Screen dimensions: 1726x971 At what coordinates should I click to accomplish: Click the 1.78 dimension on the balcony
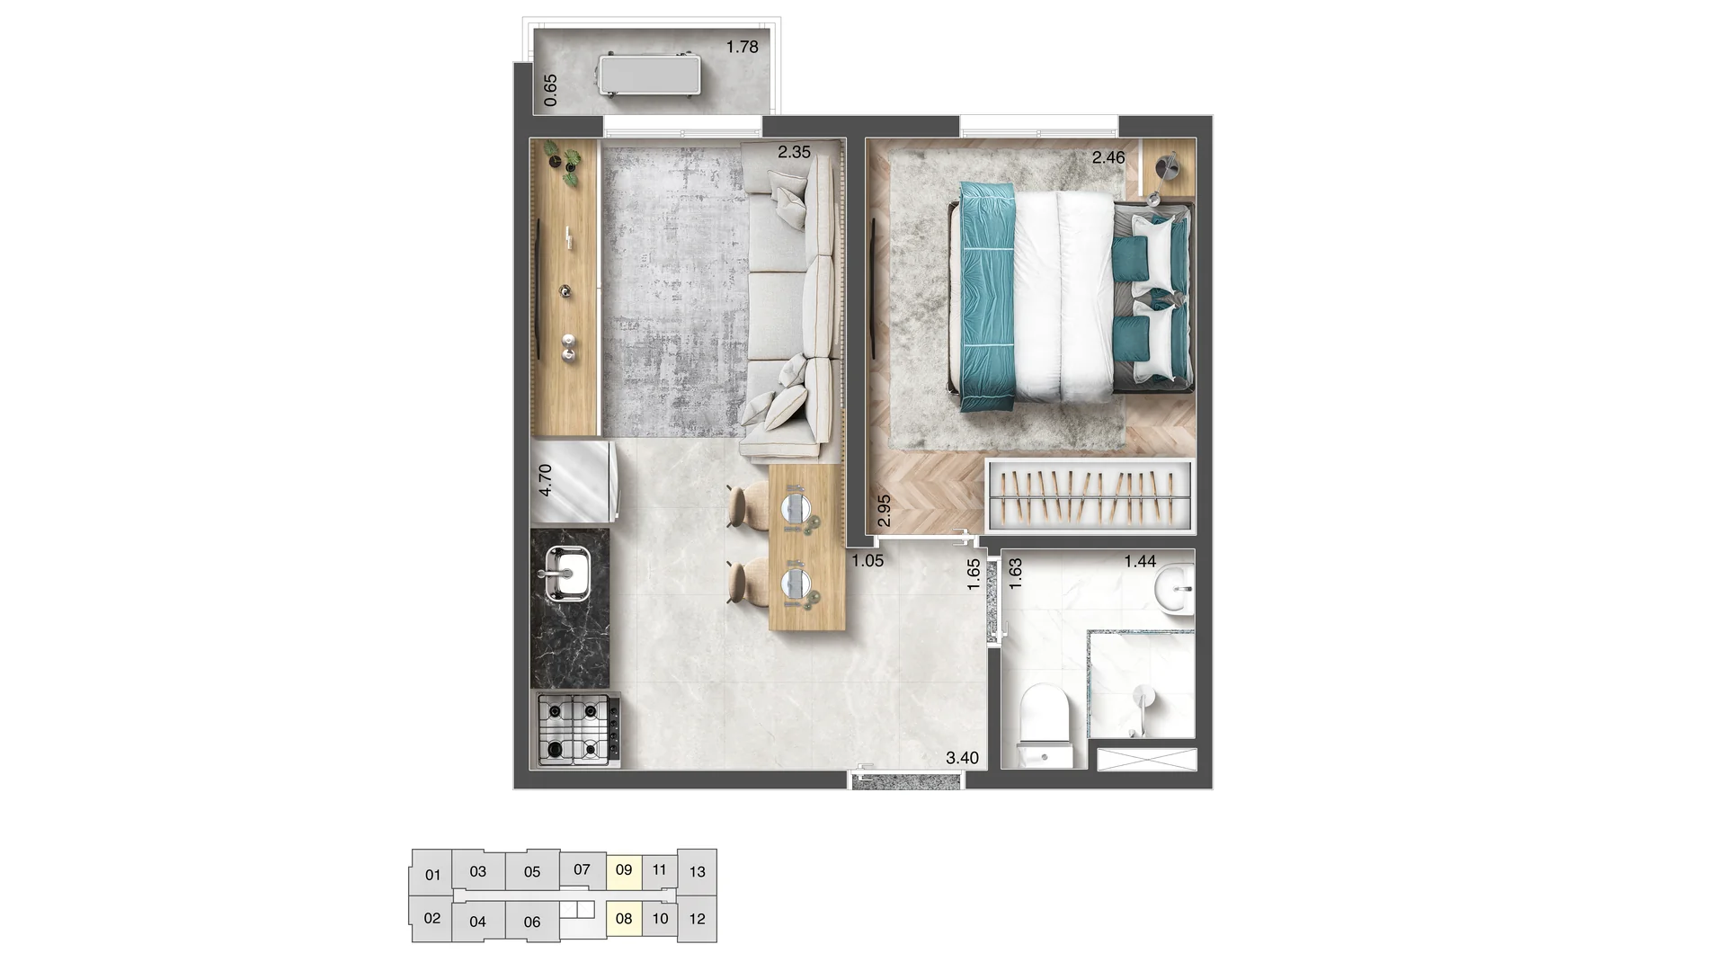[743, 47]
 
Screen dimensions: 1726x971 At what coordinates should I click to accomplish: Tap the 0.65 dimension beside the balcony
[551, 90]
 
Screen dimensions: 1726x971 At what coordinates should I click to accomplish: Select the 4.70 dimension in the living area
[545, 481]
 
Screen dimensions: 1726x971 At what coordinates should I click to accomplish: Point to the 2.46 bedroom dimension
[1108, 157]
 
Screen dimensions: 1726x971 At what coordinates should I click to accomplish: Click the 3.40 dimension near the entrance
[962, 758]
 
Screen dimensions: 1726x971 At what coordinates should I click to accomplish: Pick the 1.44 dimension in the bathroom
[1140, 562]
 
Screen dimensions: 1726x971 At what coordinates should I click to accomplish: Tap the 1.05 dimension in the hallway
[867, 561]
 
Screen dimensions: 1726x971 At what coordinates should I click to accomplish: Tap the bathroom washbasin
[1174, 590]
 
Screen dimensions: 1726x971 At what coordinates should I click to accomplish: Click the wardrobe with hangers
[1090, 495]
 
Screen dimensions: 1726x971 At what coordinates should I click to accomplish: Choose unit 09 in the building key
[624, 870]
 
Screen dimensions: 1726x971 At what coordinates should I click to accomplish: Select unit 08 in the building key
[624, 919]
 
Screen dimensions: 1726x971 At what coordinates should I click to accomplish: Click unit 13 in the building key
[697, 872]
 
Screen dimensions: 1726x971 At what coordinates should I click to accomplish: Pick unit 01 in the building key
[432, 875]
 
